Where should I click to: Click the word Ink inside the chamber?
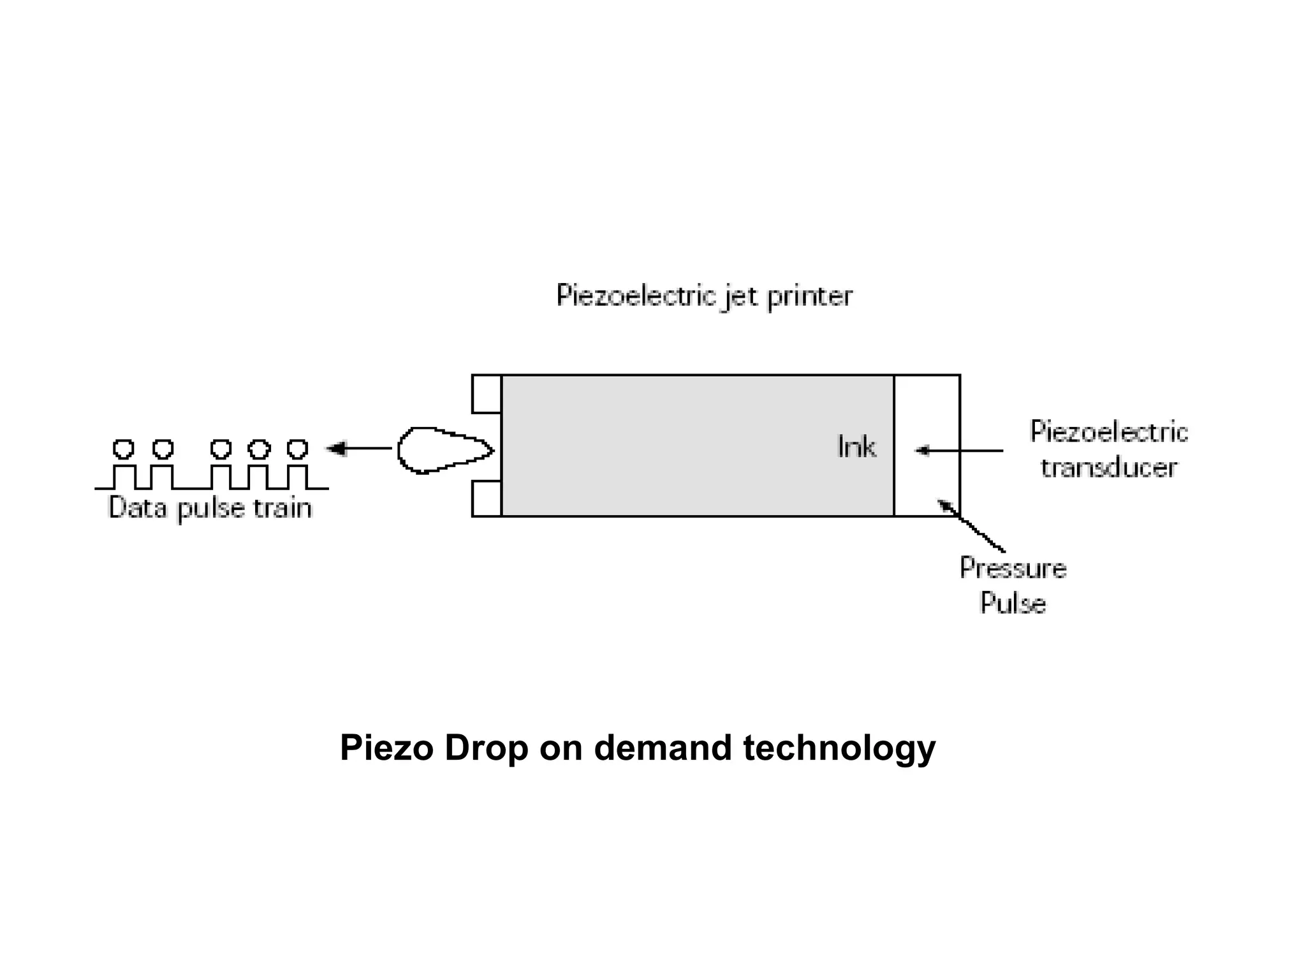tap(856, 447)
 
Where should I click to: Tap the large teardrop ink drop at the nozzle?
tap(440, 450)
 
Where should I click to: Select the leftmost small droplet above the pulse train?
tap(123, 449)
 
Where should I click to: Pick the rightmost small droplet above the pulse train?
tap(297, 449)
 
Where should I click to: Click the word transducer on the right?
tap(1109, 468)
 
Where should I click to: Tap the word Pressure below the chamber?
tap(1013, 568)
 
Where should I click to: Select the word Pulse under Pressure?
tap(1013, 603)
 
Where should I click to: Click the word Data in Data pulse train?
tap(138, 508)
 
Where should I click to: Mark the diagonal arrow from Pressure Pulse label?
tap(971, 526)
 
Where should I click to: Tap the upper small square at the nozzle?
tap(487, 394)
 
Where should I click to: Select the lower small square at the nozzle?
tap(487, 498)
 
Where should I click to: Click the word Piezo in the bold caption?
tap(386, 748)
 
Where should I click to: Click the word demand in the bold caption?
tap(663, 748)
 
